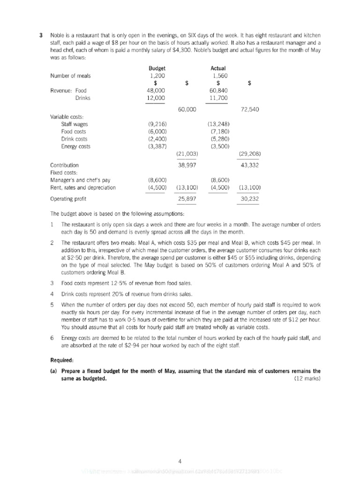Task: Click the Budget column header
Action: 157,68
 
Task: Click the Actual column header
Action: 218,68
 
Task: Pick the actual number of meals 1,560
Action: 219,75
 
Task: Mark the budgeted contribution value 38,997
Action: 187,165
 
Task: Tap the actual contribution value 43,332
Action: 250,165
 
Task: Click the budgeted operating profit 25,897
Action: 187,199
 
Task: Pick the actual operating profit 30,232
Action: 250,199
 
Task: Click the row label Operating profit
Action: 68,199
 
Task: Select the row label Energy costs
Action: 76,146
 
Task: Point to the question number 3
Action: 41,36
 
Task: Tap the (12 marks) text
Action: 307,379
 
